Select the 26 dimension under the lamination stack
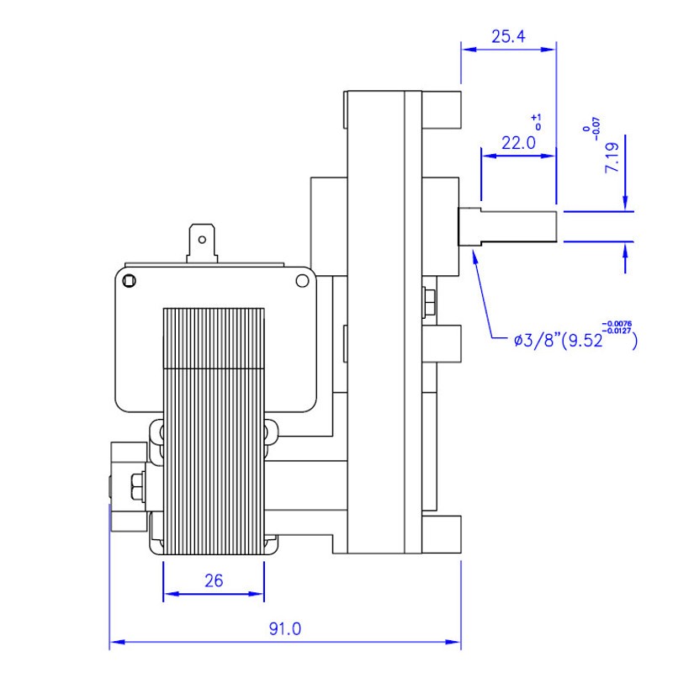[214, 580]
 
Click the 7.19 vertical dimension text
[612, 157]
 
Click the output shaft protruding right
[517, 225]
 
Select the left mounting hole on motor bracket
[129, 280]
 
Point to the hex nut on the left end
[135, 486]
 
